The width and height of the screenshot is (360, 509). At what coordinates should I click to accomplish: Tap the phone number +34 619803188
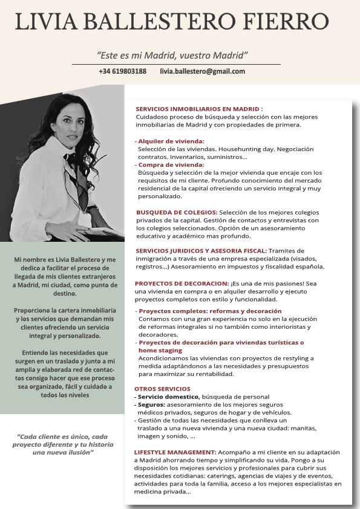(122, 71)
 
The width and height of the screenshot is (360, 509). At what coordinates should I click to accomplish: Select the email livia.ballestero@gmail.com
(202, 71)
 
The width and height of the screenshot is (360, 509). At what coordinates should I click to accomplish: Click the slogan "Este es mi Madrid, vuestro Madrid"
(173, 56)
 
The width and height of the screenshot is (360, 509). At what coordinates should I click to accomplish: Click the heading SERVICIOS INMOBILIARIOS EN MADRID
(199, 109)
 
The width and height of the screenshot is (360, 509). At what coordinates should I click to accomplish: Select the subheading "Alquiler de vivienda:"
(171, 141)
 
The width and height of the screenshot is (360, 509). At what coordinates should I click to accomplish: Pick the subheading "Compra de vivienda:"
(171, 164)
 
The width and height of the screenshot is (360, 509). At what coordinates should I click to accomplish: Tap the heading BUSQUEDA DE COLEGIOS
(177, 212)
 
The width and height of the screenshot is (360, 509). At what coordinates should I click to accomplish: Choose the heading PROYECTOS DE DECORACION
(182, 283)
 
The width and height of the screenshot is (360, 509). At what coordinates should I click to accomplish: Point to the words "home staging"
(160, 350)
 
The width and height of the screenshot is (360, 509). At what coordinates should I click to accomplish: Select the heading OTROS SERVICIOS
(162, 389)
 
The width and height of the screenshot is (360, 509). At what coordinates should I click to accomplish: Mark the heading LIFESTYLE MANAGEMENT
(175, 452)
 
